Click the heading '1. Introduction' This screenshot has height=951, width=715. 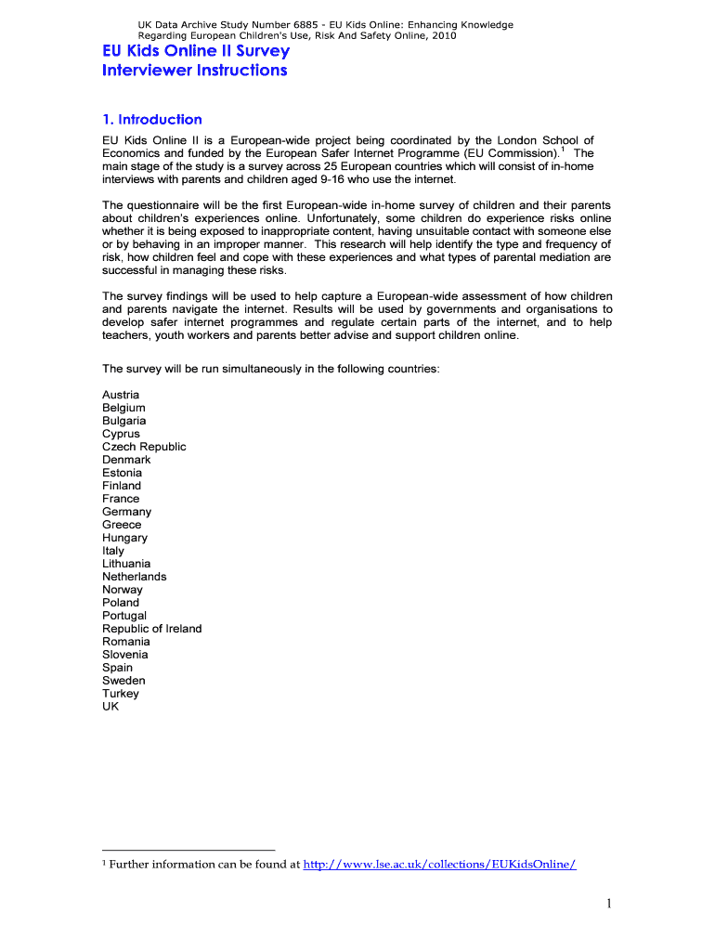click(x=151, y=119)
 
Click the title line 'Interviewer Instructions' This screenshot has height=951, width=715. click(x=194, y=71)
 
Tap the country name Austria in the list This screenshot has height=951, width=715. click(x=121, y=395)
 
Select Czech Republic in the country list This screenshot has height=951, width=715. click(x=144, y=447)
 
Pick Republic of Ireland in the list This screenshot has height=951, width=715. click(x=151, y=629)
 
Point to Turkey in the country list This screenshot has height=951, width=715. click(x=121, y=694)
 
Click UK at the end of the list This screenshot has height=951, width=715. click(x=110, y=707)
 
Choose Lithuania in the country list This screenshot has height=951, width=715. click(x=126, y=564)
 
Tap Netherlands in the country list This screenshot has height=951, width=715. click(x=135, y=577)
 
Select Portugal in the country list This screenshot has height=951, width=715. click(x=124, y=616)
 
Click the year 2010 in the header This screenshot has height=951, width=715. click(x=442, y=36)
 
